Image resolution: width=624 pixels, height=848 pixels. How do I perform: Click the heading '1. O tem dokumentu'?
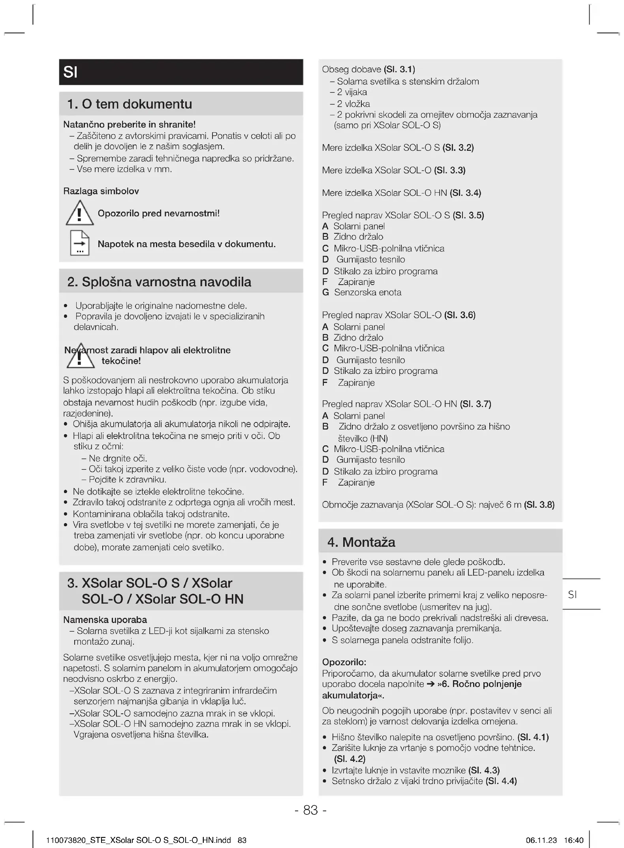pyautogui.click(x=130, y=104)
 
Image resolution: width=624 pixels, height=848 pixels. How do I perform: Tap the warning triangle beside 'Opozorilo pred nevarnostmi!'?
pyautogui.click(x=80, y=213)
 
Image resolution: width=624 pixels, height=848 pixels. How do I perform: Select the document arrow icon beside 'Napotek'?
pyautogui.click(x=80, y=243)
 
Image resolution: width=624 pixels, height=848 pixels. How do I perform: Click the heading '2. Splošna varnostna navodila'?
pyautogui.click(x=159, y=282)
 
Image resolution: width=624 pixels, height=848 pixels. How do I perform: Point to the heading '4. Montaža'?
pyautogui.click(x=361, y=542)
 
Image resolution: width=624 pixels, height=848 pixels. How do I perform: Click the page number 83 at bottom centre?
pyautogui.click(x=310, y=810)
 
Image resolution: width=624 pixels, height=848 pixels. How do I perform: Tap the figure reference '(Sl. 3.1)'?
pyautogui.click(x=399, y=69)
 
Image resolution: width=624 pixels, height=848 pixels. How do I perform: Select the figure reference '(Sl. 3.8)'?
pyautogui.click(x=539, y=505)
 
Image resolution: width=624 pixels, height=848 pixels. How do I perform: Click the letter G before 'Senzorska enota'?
pyautogui.click(x=325, y=293)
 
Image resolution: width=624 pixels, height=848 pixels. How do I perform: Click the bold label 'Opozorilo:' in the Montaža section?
pyautogui.click(x=344, y=662)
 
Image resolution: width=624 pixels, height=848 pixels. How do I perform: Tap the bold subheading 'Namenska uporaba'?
pyautogui.click(x=105, y=620)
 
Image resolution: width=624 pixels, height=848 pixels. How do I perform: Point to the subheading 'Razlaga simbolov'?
pyautogui.click(x=101, y=191)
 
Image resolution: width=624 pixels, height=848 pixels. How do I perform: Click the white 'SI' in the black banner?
pyautogui.click(x=70, y=72)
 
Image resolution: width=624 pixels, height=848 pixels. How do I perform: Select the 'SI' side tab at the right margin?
pyautogui.click(x=572, y=595)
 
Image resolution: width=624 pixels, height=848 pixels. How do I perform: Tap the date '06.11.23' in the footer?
pyautogui.click(x=541, y=840)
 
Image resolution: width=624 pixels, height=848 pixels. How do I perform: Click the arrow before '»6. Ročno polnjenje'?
pyautogui.click(x=431, y=684)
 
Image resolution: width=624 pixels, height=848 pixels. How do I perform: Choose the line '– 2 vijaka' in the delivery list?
pyautogui.click(x=348, y=92)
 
